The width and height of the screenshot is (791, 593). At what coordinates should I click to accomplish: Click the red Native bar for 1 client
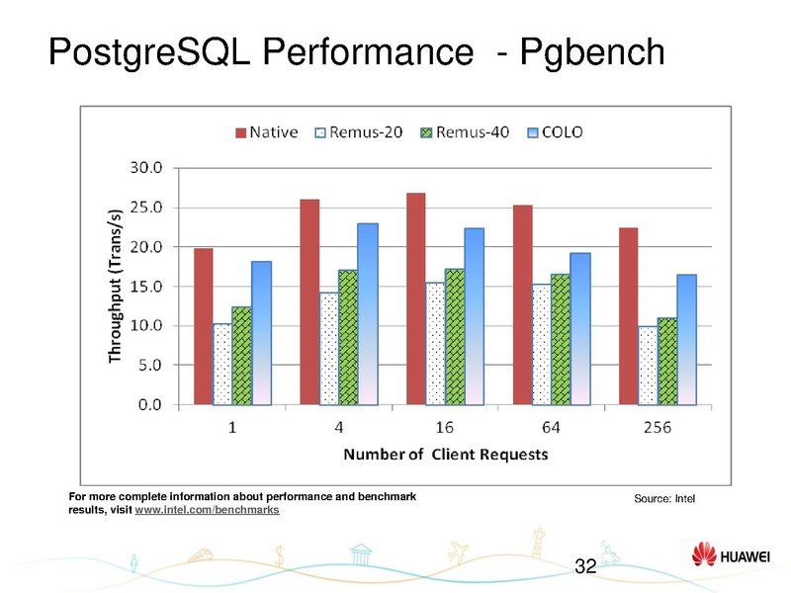click(204, 326)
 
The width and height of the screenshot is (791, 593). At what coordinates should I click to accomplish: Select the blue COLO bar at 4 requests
click(367, 313)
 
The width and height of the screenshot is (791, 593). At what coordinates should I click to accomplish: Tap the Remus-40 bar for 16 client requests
click(455, 336)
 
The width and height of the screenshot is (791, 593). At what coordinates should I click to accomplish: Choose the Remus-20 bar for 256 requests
click(648, 365)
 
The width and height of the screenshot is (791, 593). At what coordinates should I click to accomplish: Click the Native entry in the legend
click(266, 130)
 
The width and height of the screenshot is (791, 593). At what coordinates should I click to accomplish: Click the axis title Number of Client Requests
click(445, 455)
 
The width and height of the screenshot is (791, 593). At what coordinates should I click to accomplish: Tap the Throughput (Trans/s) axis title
click(116, 287)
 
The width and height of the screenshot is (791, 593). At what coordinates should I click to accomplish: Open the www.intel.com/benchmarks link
click(207, 510)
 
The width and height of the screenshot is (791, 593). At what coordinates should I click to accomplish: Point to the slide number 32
click(585, 566)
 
